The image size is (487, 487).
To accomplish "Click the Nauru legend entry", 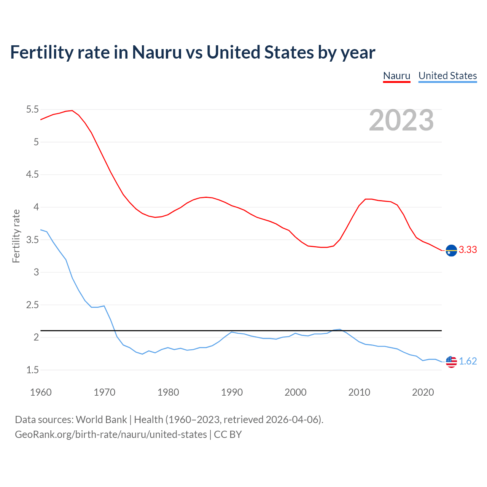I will [396, 76].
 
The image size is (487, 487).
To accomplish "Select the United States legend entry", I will [447, 76].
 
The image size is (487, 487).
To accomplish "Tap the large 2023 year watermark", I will [401, 120].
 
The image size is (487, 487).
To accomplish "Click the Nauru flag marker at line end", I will [451, 250].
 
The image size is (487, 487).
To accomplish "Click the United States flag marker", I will [451, 362].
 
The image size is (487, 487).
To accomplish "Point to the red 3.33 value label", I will [468, 250].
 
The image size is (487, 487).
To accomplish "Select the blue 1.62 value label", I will [468, 361].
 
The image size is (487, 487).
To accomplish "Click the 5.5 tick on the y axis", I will [32, 110].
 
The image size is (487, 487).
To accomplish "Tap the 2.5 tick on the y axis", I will [32, 305].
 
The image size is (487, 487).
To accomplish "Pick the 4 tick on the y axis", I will [36, 207].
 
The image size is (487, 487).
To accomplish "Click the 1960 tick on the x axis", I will [41, 392].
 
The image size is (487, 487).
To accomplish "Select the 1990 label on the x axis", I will [232, 392].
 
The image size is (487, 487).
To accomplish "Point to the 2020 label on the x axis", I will [423, 392].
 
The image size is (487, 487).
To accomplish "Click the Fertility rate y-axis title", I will [16, 236].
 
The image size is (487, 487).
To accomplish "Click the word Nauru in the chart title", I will [157, 52].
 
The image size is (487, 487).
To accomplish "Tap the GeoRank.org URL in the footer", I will [111, 434].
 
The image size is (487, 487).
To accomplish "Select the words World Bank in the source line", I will [101, 419].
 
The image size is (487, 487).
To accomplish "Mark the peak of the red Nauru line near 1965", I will [72, 110].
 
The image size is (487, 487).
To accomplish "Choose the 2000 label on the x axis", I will [295, 392].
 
